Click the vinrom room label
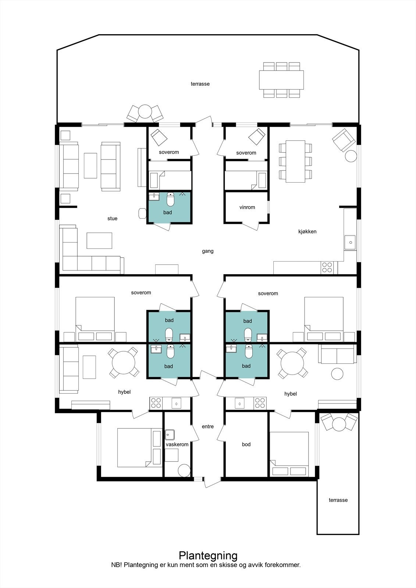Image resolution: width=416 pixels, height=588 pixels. pos(247,207)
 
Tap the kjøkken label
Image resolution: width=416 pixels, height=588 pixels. pos(307,232)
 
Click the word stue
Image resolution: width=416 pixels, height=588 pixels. pos(112,218)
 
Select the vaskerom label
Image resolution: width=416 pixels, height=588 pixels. pos(177,444)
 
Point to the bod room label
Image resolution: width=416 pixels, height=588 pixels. pos(246,444)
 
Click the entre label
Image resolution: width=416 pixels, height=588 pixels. pos(208,427)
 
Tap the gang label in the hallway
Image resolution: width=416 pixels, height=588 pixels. pos(208,251)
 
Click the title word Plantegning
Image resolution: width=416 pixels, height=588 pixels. pos(208,555)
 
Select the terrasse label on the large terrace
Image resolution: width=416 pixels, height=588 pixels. pos(200,84)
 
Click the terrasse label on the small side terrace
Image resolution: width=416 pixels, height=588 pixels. pos(338,500)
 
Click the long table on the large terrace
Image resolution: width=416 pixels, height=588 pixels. pos(281,80)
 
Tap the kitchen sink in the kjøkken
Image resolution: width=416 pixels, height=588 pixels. pos(350,242)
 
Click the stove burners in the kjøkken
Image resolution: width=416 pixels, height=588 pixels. pos(327,267)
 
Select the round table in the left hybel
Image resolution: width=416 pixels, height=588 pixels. pos(124,363)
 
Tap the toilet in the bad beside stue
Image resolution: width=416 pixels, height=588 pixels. pos(171,200)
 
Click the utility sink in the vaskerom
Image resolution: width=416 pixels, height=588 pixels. pos(170,435)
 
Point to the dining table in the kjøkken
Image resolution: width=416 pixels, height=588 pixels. pos(295,161)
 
